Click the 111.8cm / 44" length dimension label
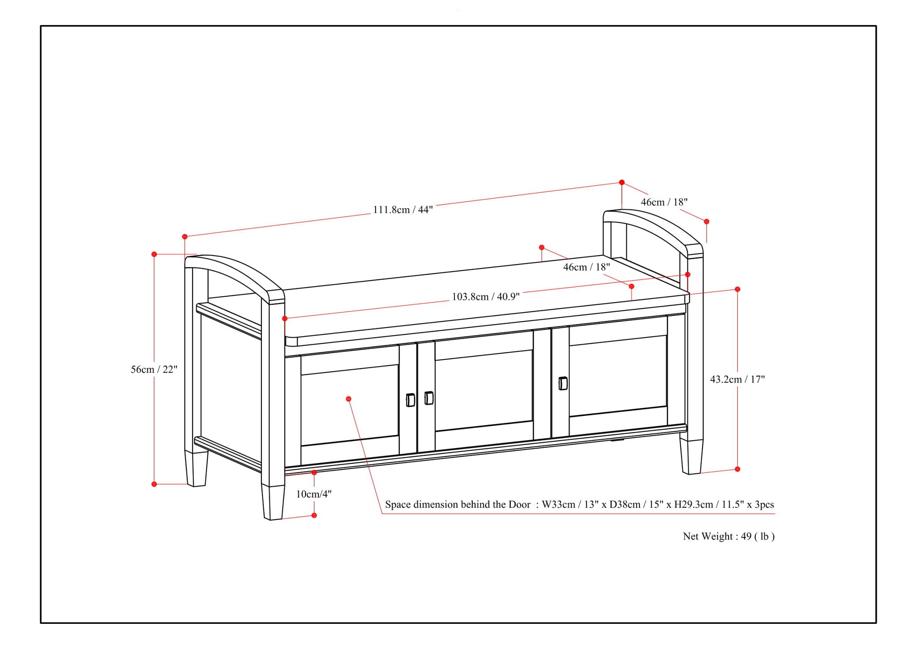(403, 210)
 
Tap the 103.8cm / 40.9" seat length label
(485, 297)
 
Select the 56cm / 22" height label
(154, 370)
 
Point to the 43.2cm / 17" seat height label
(737, 380)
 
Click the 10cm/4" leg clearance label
(313, 494)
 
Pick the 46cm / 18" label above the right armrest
(664, 202)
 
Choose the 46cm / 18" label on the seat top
(586, 267)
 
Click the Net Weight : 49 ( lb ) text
(728, 537)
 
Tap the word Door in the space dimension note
(519, 505)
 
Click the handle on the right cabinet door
(563, 384)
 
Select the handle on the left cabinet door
(410, 400)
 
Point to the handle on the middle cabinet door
(429, 398)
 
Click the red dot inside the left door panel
(348, 399)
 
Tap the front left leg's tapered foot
(273, 502)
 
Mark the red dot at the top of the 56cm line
(154, 254)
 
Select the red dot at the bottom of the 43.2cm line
(737, 469)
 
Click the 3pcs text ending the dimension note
(764, 505)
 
